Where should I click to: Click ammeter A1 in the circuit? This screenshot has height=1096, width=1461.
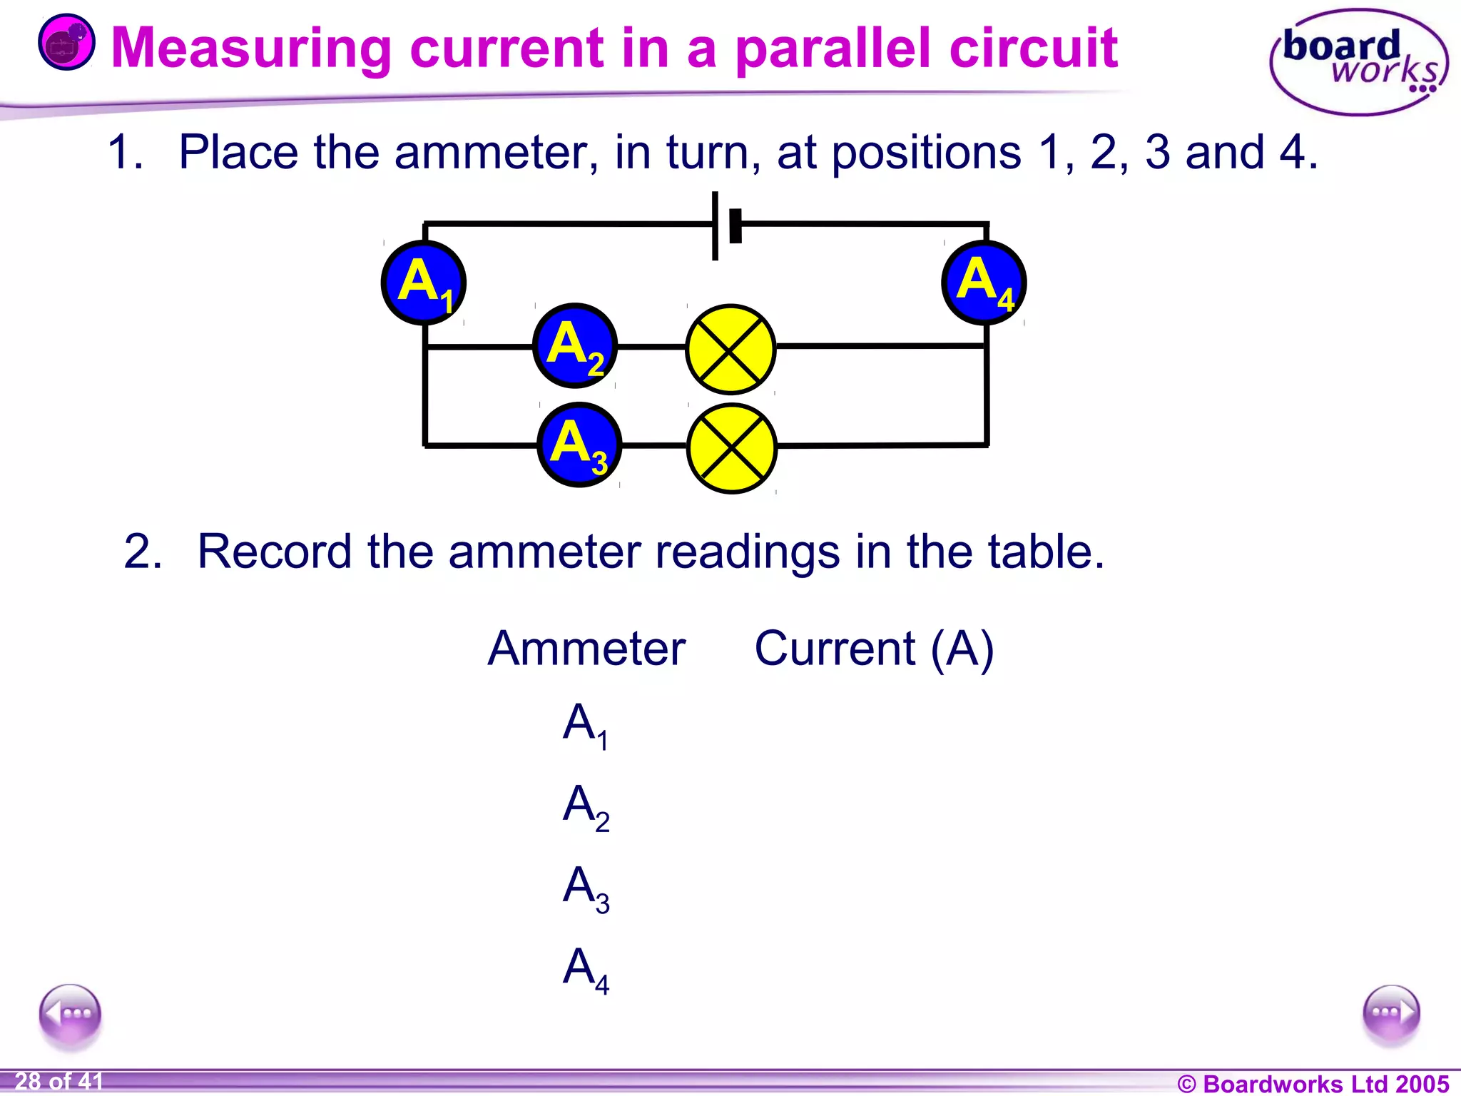[x=424, y=283]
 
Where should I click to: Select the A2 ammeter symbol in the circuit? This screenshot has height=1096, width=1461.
[x=575, y=346]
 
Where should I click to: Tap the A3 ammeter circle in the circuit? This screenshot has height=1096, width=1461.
[x=579, y=445]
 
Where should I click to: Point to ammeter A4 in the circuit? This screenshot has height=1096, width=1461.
[x=984, y=283]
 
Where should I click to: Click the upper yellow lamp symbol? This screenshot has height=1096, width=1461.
[x=730, y=349]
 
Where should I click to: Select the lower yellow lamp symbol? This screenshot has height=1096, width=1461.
[x=732, y=448]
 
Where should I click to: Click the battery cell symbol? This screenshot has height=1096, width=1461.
[x=726, y=225]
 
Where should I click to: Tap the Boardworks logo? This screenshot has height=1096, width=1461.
[x=1360, y=62]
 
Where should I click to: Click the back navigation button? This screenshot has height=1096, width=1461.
[x=70, y=1014]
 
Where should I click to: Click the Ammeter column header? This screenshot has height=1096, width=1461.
[x=586, y=649]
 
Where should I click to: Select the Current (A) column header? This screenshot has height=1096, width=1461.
[x=874, y=649]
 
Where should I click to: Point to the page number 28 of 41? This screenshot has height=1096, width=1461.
[x=58, y=1082]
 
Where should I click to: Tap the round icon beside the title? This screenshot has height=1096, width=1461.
[x=66, y=43]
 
